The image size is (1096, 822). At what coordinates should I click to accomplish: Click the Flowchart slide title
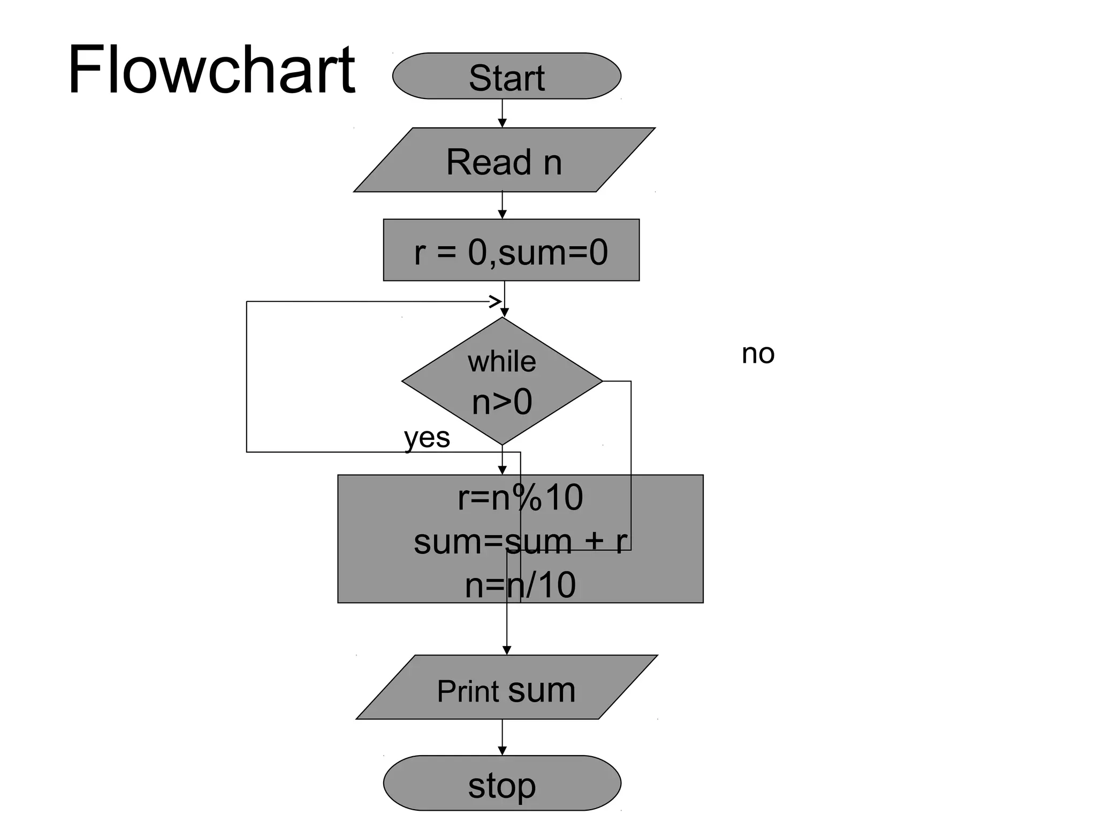211,70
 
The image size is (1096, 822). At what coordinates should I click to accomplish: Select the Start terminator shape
506,76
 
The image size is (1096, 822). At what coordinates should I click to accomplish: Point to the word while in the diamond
501,362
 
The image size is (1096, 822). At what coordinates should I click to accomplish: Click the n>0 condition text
501,402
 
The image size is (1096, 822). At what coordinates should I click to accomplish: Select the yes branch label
427,438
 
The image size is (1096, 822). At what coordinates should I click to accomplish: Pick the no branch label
758,354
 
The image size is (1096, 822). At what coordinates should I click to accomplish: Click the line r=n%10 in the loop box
520,498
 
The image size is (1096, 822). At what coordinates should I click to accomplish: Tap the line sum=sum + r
520,541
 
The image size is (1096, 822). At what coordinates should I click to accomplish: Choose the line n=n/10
520,585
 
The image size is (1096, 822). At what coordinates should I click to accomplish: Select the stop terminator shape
501,784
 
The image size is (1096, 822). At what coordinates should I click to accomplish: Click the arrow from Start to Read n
502,113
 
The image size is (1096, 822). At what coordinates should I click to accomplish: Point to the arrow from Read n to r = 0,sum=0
502,205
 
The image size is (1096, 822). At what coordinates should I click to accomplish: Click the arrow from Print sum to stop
502,737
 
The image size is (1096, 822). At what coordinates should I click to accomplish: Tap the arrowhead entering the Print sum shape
507,650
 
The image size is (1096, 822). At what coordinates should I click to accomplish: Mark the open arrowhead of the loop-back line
495,301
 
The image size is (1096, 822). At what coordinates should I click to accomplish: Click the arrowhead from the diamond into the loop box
502,470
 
